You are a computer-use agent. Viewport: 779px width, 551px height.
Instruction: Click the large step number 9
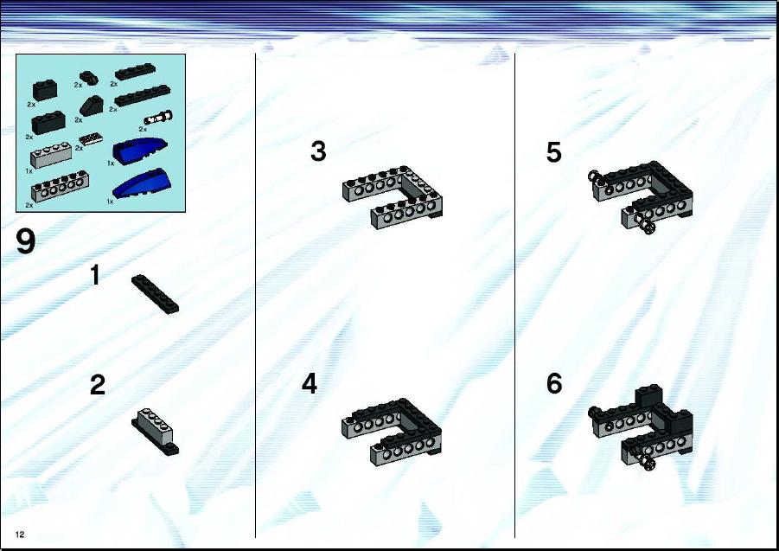coord(26,241)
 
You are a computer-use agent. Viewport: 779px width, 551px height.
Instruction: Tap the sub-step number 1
coord(95,275)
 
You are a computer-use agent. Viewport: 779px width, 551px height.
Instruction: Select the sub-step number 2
coord(98,385)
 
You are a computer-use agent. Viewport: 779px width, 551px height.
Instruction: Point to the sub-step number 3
coord(318,151)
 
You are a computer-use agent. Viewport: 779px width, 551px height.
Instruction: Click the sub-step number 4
coord(309,383)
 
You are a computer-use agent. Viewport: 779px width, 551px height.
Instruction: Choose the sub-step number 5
coord(554,152)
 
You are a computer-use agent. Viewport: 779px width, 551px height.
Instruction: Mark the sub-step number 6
coord(554,383)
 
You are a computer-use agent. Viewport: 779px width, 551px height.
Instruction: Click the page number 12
coord(20,535)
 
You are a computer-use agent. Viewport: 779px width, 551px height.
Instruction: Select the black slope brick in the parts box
coord(92,106)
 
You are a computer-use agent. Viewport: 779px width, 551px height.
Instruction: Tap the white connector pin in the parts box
coord(158,119)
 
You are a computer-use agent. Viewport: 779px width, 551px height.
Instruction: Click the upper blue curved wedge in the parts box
coord(139,149)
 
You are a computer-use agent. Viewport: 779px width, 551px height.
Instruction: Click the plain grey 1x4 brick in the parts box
coord(51,156)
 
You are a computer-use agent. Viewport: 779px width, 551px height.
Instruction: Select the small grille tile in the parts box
coord(91,138)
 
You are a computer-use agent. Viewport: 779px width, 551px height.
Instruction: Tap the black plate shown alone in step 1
coord(155,293)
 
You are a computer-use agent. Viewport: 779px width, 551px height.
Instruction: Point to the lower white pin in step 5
coord(648,227)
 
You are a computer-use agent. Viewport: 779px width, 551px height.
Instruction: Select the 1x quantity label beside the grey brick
coord(29,171)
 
